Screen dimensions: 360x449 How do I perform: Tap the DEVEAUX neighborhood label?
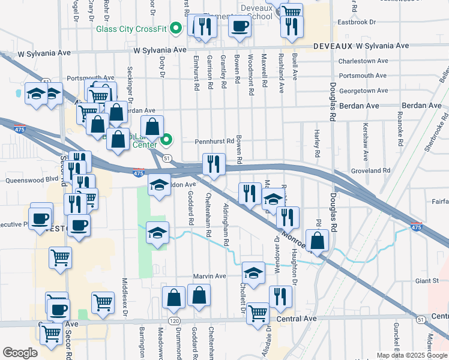[333, 46]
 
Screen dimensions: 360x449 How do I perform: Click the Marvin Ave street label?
[209, 276]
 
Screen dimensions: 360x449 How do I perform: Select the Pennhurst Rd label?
[214, 142]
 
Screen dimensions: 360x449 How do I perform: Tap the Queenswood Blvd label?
[31, 179]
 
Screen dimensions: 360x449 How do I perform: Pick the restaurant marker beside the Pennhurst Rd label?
[214, 163]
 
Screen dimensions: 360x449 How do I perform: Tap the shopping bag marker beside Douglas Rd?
[319, 240]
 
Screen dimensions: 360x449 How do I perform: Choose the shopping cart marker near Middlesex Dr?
[103, 302]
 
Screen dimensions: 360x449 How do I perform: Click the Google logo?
[20, 353]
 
